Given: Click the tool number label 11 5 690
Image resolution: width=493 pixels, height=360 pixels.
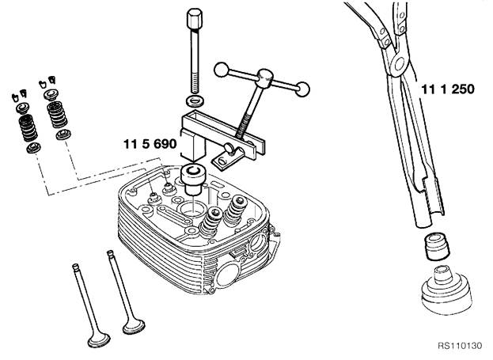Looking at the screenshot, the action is pyautogui.click(x=150, y=144).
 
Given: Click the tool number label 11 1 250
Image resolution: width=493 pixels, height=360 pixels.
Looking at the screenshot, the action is pyautogui.click(x=447, y=89).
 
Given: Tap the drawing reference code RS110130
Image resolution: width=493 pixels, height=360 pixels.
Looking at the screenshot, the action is pyautogui.click(x=460, y=346).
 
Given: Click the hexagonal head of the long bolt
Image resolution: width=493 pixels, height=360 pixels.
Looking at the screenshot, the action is pyautogui.click(x=195, y=18).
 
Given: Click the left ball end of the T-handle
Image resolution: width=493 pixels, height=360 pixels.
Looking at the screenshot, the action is pyautogui.click(x=222, y=70).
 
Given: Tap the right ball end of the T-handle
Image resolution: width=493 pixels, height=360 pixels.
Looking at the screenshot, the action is pyautogui.click(x=302, y=89).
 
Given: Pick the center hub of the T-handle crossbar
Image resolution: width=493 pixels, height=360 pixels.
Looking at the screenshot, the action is pyautogui.click(x=264, y=78).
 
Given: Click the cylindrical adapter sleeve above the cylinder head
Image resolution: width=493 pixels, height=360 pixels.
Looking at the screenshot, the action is pyautogui.click(x=192, y=180).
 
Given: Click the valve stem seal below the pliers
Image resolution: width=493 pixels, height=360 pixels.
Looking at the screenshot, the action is pyautogui.click(x=437, y=247).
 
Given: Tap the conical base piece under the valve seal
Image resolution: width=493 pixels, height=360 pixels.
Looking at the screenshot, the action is pyautogui.click(x=446, y=290).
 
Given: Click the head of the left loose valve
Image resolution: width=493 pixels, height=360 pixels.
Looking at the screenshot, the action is pyautogui.click(x=99, y=340).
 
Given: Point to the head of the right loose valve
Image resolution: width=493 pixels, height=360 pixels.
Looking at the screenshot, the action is pyautogui.click(x=134, y=326).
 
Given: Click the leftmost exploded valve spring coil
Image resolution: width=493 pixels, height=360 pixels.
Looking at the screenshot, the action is pyautogui.click(x=28, y=128).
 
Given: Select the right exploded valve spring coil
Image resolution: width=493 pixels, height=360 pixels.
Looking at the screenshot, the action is pyautogui.click(x=57, y=115).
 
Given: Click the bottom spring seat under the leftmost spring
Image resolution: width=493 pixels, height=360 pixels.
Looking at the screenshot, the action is pyautogui.click(x=34, y=148).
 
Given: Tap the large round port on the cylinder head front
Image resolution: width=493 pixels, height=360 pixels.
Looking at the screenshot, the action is pyautogui.click(x=227, y=275).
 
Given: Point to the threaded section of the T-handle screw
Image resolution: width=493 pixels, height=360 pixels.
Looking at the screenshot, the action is pyautogui.click(x=243, y=128).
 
